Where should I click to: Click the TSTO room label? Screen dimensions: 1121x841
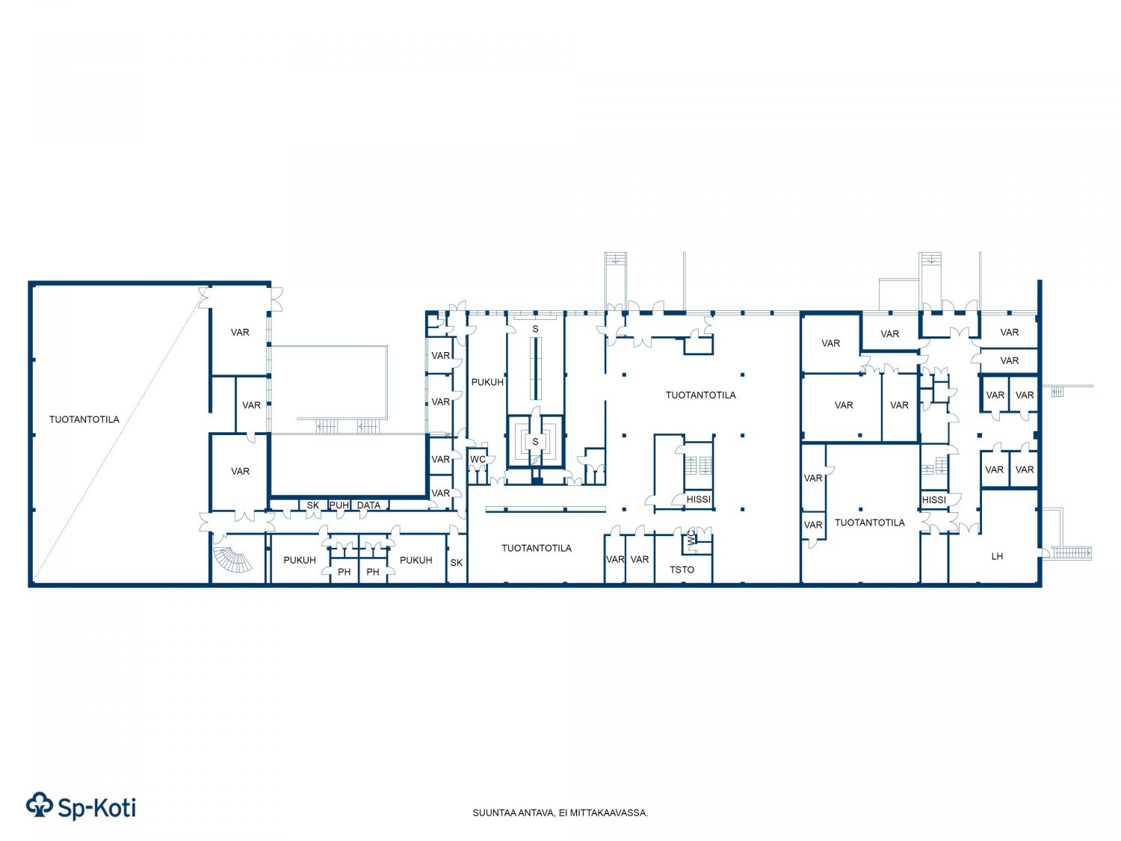pyautogui.click(x=682, y=570)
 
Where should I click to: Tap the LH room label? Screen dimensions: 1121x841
pyautogui.click(x=996, y=556)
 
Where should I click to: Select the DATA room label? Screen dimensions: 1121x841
pyautogui.click(x=368, y=505)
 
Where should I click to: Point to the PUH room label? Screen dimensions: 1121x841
pyautogui.click(x=339, y=505)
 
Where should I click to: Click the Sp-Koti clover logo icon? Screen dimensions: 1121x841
pyautogui.click(x=40, y=805)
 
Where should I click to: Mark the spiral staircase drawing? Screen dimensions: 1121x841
pyautogui.click(x=233, y=559)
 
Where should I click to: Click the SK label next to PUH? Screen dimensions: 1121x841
pyautogui.click(x=312, y=505)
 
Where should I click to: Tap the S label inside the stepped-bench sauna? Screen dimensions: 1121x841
pyautogui.click(x=535, y=441)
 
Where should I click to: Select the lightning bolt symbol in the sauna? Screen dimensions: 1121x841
pyautogui.click(x=535, y=460)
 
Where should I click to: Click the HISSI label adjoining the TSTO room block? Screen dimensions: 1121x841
pyautogui.click(x=698, y=499)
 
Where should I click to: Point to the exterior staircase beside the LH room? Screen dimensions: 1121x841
pyautogui.click(x=1071, y=552)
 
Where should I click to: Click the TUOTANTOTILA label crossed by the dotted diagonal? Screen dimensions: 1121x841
pyautogui.click(x=84, y=419)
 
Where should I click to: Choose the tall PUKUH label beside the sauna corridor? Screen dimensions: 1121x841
pyautogui.click(x=487, y=382)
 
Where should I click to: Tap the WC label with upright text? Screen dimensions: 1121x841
pyautogui.click(x=478, y=459)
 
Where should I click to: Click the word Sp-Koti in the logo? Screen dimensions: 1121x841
pyautogui.click(x=96, y=808)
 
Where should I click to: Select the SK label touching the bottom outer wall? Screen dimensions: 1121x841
pyautogui.click(x=456, y=562)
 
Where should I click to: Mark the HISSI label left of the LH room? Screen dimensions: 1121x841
pyautogui.click(x=933, y=500)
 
